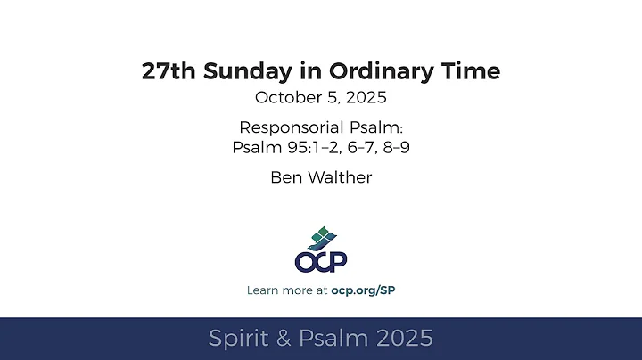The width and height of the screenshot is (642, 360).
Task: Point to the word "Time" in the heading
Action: (x=470, y=72)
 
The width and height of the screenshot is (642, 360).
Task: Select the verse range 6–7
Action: (x=355, y=146)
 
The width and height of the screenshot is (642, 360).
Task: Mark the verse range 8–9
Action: (x=393, y=146)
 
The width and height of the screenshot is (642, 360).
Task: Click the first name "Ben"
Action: (x=284, y=176)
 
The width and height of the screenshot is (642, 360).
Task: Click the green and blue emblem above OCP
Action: (x=320, y=238)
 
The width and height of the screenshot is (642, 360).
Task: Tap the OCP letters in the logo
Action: (x=320, y=261)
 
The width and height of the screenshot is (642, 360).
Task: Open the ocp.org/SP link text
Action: (x=363, y=290)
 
